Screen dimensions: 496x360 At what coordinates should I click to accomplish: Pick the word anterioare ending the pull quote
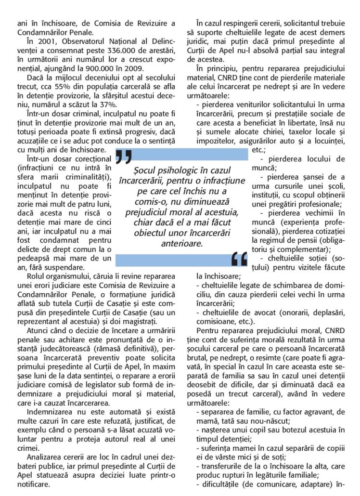click(182, 244)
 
